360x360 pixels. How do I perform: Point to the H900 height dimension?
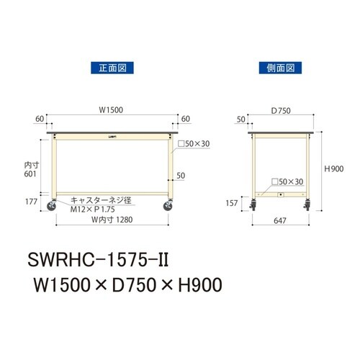click(334, 168)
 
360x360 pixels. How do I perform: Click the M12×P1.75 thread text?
click(90, 209)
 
